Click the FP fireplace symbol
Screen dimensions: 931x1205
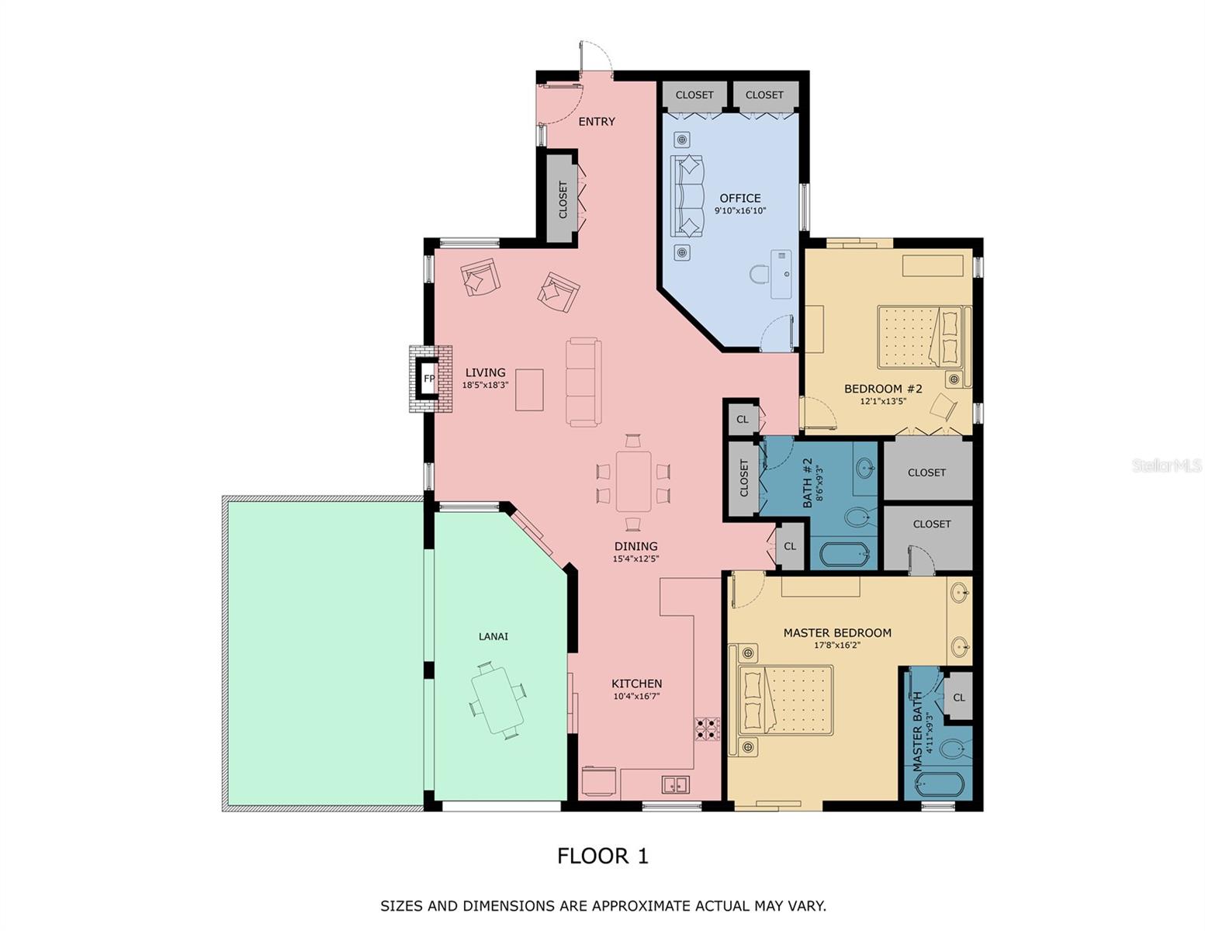click(x=428, y=379)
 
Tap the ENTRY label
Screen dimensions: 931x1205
click(x=596, y=122)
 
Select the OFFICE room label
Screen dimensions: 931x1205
click(x=739, y=198)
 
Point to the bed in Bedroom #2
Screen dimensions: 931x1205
click(x=923, y=337)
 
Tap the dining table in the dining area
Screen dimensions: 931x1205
click(x=633, y=481)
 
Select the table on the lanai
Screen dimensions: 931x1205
click(x=497, y=700)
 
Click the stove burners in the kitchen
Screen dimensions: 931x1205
click(x=707, y=729)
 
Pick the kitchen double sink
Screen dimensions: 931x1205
click(x=675, y=784)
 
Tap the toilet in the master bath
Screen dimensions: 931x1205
click(x=952, y=749)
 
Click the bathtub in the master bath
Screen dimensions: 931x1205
click(x=939, y=784)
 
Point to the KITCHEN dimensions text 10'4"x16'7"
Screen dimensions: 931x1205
click(x=636, y=697)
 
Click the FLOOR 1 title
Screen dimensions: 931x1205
click(x=602, y=856)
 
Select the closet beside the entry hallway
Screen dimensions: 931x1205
click(x=563, y=199)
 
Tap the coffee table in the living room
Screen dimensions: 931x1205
click(x=529, y=389)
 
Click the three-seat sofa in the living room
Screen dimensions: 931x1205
click(x=583, y=382)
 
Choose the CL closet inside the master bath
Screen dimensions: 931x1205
click(x=958, y=697)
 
